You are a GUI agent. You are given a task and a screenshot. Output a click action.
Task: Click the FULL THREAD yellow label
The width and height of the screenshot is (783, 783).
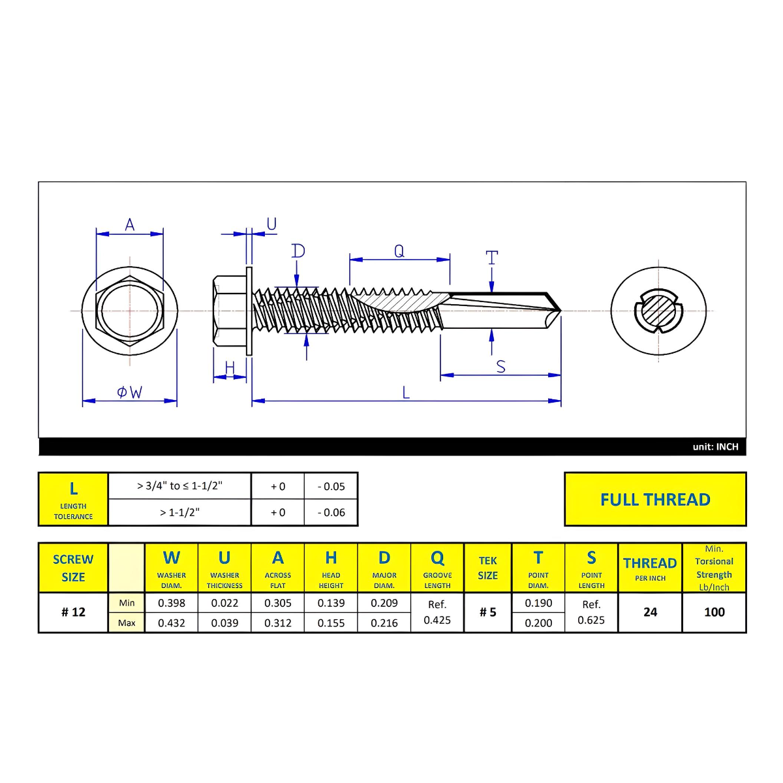[655, 499]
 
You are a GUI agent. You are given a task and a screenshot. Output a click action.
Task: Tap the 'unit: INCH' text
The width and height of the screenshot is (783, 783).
[715, 447]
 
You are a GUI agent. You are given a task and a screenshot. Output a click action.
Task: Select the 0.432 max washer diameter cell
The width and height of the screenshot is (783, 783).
[172, 623]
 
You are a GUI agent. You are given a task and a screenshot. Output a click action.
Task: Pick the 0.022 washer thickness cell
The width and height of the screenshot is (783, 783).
[224, 603]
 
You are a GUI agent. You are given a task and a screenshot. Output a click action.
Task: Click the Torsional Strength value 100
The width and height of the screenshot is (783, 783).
[714, 612]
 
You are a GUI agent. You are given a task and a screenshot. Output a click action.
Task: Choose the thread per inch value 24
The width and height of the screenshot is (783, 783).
[650, 612]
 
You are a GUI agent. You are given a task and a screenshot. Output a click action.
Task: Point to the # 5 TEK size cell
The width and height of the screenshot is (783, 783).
[487, 612]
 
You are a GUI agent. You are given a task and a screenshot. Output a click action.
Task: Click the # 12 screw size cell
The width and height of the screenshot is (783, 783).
[73, 612]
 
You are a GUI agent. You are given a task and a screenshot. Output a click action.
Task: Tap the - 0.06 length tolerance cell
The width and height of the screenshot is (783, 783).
[331, 513]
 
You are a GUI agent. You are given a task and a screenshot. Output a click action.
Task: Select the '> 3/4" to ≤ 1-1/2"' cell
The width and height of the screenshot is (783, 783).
[179, 486]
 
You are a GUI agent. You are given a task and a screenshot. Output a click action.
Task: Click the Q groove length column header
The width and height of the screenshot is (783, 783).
[437, 567]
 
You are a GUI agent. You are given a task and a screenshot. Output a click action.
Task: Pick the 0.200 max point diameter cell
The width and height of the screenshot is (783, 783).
[538, 623]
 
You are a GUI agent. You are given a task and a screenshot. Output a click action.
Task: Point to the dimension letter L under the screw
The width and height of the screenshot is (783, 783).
[406, 392]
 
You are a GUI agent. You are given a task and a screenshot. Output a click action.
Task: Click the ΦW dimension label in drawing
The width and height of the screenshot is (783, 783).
[129, 392]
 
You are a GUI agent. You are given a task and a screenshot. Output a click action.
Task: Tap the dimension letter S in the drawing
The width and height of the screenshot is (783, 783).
[500, 366]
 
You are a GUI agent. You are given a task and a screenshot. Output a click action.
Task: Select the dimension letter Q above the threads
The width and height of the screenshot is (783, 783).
[399, 251]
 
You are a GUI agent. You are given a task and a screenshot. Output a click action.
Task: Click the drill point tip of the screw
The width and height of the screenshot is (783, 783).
[559, 311]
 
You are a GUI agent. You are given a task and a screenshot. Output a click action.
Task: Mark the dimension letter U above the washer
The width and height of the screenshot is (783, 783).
[271, 224]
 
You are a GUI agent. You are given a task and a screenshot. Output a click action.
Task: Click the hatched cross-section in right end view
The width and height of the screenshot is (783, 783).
[658, 311]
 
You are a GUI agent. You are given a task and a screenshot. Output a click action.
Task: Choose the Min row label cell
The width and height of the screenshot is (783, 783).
[127, 603]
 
